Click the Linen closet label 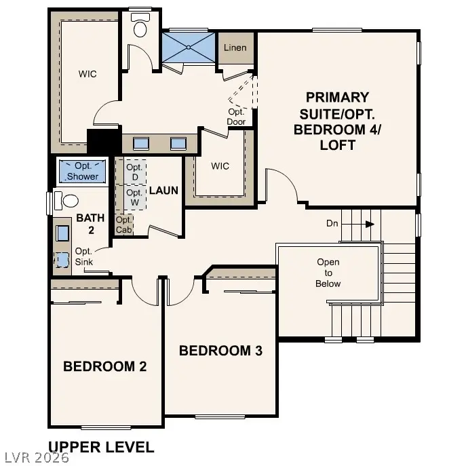point(235,47)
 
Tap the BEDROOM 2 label point(105,366)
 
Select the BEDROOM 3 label point(220,351)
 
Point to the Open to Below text point(328,273)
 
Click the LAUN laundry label point(163,190)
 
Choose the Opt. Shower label point(83,171)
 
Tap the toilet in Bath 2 point(66,200)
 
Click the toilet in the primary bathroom point(140,25)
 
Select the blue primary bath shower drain point(189,47)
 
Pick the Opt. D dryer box point(134,172)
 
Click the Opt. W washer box point(134,197)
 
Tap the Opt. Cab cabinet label point(124,225)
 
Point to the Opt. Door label point(236,117)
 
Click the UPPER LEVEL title point(101,447)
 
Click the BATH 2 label point(91,224)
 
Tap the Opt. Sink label point(84,256)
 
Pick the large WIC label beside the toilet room point(88,74)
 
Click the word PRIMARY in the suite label point(337,97)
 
